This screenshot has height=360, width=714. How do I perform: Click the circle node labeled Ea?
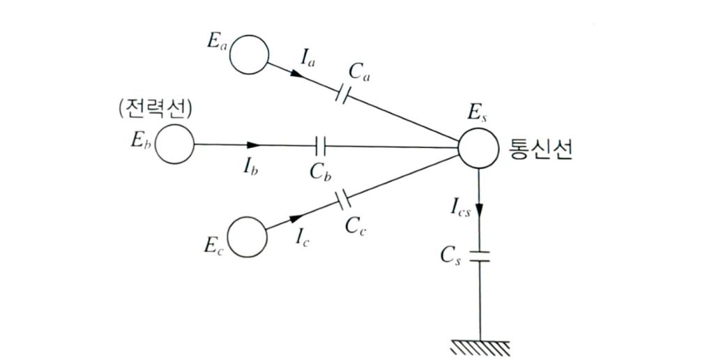pyautogui.click(x=249, y=54)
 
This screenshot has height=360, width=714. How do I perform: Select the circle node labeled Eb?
pyautogui.click(x=174, y=144)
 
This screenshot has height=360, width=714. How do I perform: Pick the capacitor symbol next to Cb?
pyautogui.click(x=321, y=145)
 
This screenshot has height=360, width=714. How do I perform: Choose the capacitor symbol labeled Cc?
pyautogui.click(x=342, y=202)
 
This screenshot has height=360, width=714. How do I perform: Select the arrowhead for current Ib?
pyautogui.click(x=252, y=145)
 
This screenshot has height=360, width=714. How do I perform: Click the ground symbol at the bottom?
pyautogui.click(x=479, y=345)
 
